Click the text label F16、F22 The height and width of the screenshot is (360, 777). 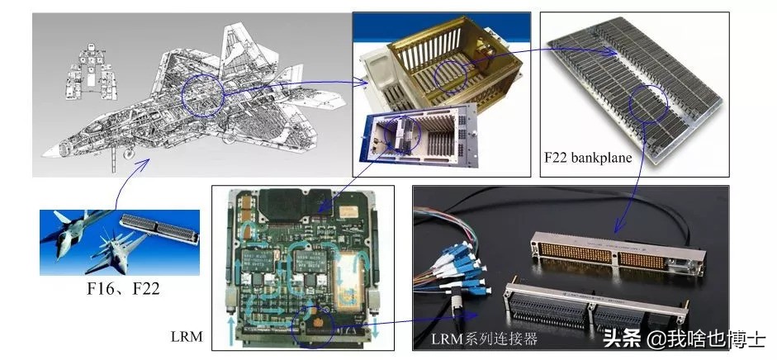123,288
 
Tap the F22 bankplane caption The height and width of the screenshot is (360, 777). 588,158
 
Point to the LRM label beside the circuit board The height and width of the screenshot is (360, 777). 187,337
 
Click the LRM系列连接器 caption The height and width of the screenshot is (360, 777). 484,339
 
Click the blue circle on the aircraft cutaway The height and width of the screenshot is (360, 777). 202,96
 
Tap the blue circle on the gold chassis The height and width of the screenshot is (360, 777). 451,78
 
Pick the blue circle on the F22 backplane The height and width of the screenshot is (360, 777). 648,103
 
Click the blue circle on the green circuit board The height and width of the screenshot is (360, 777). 311,327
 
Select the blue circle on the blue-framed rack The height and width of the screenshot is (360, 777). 403,135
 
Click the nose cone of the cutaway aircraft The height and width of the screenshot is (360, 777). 50,152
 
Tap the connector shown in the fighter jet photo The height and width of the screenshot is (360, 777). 159,229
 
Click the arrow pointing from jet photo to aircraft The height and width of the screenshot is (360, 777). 130,182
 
